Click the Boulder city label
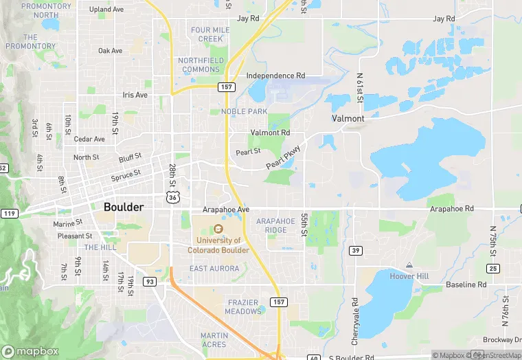point(124,207)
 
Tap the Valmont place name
point(348,118)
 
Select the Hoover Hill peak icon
point(409,265)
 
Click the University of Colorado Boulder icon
point(218,229)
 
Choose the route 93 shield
point(149,282)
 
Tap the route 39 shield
point(355,250)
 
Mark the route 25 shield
point(493,268)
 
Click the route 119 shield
point(9,214)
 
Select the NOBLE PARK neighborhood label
point(243,111)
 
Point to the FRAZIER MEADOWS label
point(243,307)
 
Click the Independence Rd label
point(275,76)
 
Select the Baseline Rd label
point(466,284)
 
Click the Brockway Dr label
point(504,340)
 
